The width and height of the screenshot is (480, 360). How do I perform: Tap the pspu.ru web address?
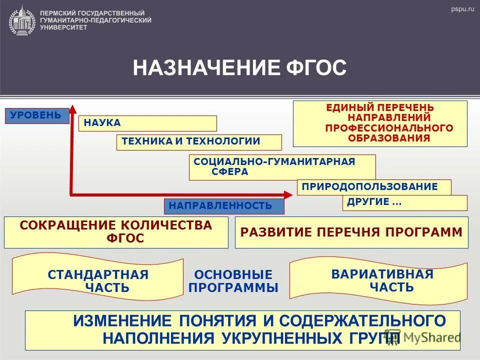461,9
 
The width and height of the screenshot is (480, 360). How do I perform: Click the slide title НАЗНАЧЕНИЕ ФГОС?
239,67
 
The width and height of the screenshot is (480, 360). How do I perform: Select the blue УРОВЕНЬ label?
36,115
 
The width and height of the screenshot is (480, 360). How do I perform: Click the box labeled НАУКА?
147,123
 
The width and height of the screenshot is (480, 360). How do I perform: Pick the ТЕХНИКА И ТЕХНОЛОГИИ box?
199,142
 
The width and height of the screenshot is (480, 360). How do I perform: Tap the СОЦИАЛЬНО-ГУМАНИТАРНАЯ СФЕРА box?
282,167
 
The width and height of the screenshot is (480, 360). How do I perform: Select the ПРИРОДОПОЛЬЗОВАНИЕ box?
374,187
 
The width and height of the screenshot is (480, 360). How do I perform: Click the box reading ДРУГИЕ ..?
404,202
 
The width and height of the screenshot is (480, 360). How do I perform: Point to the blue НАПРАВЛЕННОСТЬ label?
224,206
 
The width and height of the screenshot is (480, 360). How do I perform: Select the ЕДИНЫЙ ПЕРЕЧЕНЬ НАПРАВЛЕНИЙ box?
380,123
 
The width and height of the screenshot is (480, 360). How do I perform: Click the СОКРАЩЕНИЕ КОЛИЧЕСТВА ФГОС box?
116,232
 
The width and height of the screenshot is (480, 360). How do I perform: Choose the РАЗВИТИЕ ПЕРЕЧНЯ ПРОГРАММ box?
351,232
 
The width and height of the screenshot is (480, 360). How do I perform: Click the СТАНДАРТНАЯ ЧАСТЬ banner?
98,280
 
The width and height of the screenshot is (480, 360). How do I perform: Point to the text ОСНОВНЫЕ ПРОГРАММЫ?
233,281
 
